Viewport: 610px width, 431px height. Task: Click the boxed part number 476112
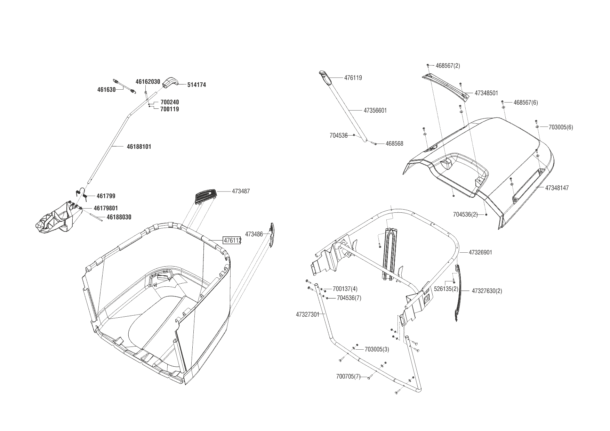pos(232,240)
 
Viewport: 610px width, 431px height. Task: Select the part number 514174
pos(196,85)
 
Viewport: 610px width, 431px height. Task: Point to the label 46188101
pos(139,147)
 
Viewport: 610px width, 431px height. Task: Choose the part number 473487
pos(241,191)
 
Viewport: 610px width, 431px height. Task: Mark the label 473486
pos(254,234)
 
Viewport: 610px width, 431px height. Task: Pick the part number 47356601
pos(375,111)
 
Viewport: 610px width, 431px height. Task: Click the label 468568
pos(394,144)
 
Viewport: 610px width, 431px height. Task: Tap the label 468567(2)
pos(448,66)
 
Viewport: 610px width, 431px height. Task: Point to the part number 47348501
pos(486,93)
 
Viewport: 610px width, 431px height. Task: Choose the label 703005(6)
pos(560,127)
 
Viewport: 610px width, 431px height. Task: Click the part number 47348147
pos(557,188)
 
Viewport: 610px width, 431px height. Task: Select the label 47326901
pos(480,252)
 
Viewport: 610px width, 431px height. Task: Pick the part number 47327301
pos(307,315)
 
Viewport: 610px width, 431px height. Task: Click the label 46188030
pos(119,217)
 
